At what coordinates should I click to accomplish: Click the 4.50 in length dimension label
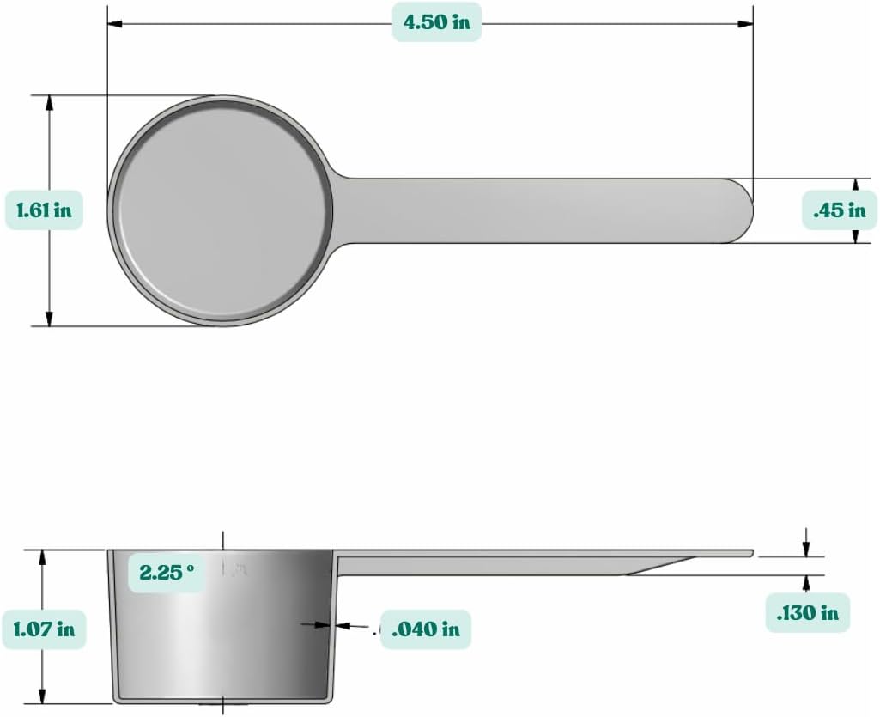click(437, 22)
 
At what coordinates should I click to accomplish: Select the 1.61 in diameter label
click(44, 210)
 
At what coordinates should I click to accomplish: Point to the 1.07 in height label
click(43, 629)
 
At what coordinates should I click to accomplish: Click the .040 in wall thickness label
click(425, 629)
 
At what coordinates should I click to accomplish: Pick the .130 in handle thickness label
click(807, 612)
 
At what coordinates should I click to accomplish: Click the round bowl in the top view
click(222, 210)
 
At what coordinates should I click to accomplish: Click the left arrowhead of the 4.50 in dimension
click(113, 23)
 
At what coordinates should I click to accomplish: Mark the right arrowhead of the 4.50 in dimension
click(747, 23)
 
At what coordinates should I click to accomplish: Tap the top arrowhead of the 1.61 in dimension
click(49, 102)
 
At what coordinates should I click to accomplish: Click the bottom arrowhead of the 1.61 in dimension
click(49, 319)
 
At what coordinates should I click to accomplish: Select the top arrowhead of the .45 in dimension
click(856, 185)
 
